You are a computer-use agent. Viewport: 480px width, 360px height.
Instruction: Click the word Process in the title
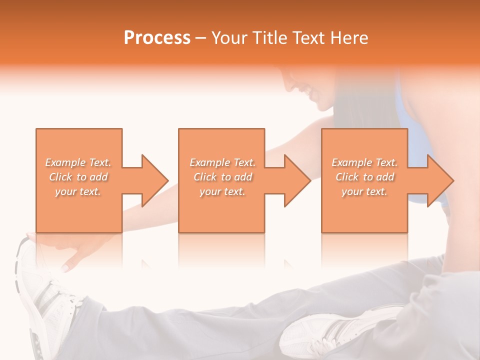pos(157,38)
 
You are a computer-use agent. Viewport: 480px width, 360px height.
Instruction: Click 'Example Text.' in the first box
pos(78,162)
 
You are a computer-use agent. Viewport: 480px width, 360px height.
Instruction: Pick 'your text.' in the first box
pos(78,191)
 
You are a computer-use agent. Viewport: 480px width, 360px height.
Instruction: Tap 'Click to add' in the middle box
pos(222,177)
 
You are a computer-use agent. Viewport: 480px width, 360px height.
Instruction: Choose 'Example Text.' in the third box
pos(364,162)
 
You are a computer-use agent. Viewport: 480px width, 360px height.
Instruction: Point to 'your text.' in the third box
pos(364,191)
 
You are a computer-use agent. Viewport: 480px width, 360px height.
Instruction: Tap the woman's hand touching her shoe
pos(75,250)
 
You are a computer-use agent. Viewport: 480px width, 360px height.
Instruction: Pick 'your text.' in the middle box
pos(222,191)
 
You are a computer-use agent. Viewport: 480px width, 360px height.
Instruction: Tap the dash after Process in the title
pos(200,38)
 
